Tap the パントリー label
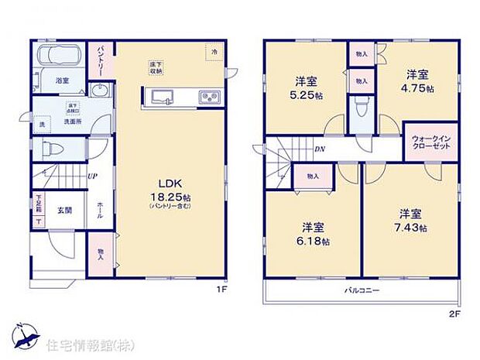[x=102, y=60]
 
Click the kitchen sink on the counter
[x=164, y=97]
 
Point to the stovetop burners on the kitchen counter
[x=209, y=97]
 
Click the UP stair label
[x=93, y=177]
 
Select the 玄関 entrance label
[x=63, y=209]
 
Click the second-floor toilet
[x=360, y=106]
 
